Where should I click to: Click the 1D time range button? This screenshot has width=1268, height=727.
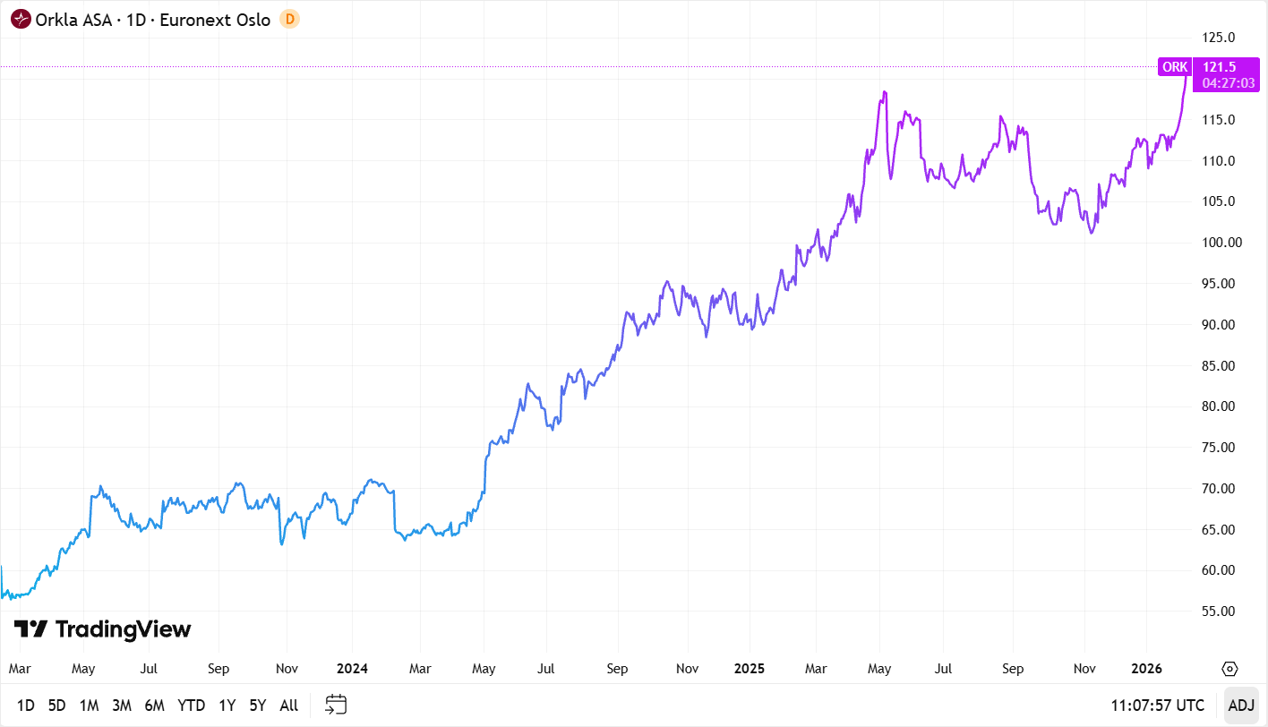point(26,705)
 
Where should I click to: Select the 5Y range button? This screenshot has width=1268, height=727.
point(258,705)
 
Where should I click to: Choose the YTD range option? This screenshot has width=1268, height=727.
point(191,705)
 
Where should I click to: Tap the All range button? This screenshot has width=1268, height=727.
point(288,705)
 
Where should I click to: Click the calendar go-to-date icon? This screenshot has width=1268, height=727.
point(336,705)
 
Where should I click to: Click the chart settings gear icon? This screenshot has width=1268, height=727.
point(1229,669)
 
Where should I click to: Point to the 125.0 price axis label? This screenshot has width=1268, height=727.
point(1219,38)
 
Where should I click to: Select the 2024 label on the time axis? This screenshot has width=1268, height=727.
point(353,669)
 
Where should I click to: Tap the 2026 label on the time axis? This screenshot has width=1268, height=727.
point(1147,669)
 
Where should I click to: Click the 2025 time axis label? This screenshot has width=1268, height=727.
point(749,669)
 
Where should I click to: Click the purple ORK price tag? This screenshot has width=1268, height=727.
point(1175,67)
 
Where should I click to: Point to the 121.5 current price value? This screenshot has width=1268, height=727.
point(1219,67)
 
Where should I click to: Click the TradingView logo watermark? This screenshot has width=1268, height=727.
point(103,629)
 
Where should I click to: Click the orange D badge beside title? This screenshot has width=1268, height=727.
point(289,19)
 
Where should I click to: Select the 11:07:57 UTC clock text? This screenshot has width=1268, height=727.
point(1158,705)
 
